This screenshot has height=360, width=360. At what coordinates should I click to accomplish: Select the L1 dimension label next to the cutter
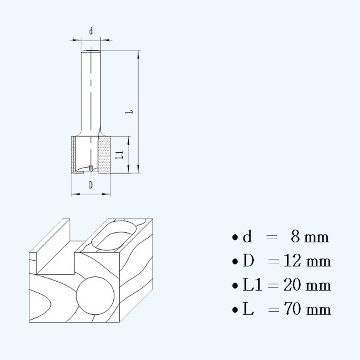tap(118, 155)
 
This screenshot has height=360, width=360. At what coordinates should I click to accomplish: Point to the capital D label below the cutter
tap(91, 185)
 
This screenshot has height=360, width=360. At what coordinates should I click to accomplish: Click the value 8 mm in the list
tap(310, 237)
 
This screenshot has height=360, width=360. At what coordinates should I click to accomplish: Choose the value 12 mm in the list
tap(307, 262)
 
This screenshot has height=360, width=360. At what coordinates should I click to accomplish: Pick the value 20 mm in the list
tap(307, 286)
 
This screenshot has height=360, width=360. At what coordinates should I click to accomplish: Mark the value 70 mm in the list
tap(307, 310)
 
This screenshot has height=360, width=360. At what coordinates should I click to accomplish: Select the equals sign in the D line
tap(274, 262)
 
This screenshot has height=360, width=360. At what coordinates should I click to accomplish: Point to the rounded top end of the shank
tap(91, 51)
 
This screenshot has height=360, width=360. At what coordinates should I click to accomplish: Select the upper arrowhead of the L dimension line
tap(139, 54)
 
